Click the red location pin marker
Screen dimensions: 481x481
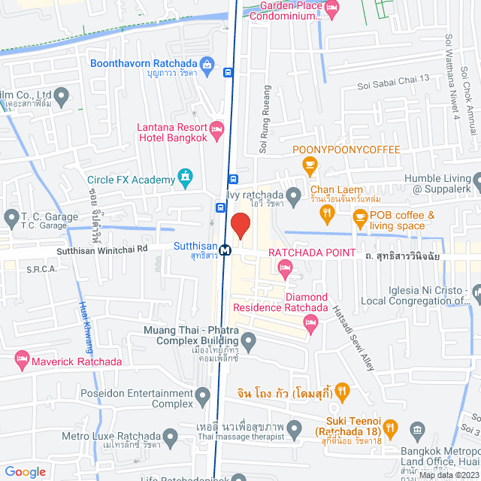pos(240,225)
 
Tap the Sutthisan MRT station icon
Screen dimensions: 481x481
pos(225,248)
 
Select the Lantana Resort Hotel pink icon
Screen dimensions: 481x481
pos(216,131)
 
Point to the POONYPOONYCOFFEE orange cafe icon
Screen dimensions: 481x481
pos(308,164)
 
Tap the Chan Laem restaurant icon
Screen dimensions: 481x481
pos(326,214)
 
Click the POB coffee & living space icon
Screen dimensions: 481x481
pos(360,217)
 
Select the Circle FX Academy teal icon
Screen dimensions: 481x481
pos(185,178)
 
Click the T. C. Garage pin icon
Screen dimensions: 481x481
pos(11,219)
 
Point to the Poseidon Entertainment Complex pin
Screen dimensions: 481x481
pos(202,395)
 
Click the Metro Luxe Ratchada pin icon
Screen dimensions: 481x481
pos(171,436)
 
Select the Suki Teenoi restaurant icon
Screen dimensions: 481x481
pos(390,429)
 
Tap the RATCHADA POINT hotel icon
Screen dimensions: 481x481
pos(285,268)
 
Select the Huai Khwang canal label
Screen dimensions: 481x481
pos(85,327)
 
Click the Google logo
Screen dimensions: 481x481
pos(26,471)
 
